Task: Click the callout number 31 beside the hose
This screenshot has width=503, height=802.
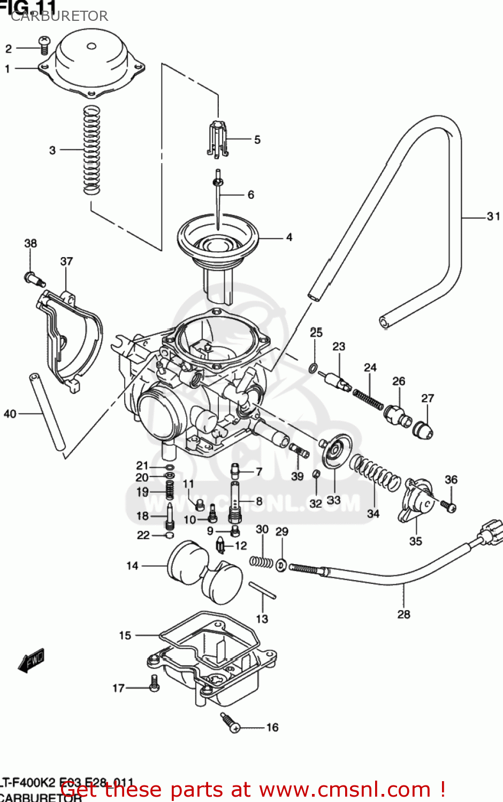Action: click(493, 217)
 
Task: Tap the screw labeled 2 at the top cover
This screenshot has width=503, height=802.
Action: click(44, 45)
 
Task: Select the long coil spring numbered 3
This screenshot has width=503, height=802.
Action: click(92, 150)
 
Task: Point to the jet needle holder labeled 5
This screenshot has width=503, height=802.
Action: click(218, 140)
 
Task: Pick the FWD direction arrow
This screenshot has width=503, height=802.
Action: click(31, 661)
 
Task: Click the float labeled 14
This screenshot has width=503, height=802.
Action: click(204, 571)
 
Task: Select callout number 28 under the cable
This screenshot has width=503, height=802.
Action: click(403, 614)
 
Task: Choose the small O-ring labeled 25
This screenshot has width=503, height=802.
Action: click(314, 368)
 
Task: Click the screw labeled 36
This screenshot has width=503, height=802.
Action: click(449, 505)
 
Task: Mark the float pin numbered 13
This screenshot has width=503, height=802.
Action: click(262, 590)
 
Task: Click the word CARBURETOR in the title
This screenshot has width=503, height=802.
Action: click(59, 16)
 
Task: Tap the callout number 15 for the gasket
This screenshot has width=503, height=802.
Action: click(125, 635)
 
